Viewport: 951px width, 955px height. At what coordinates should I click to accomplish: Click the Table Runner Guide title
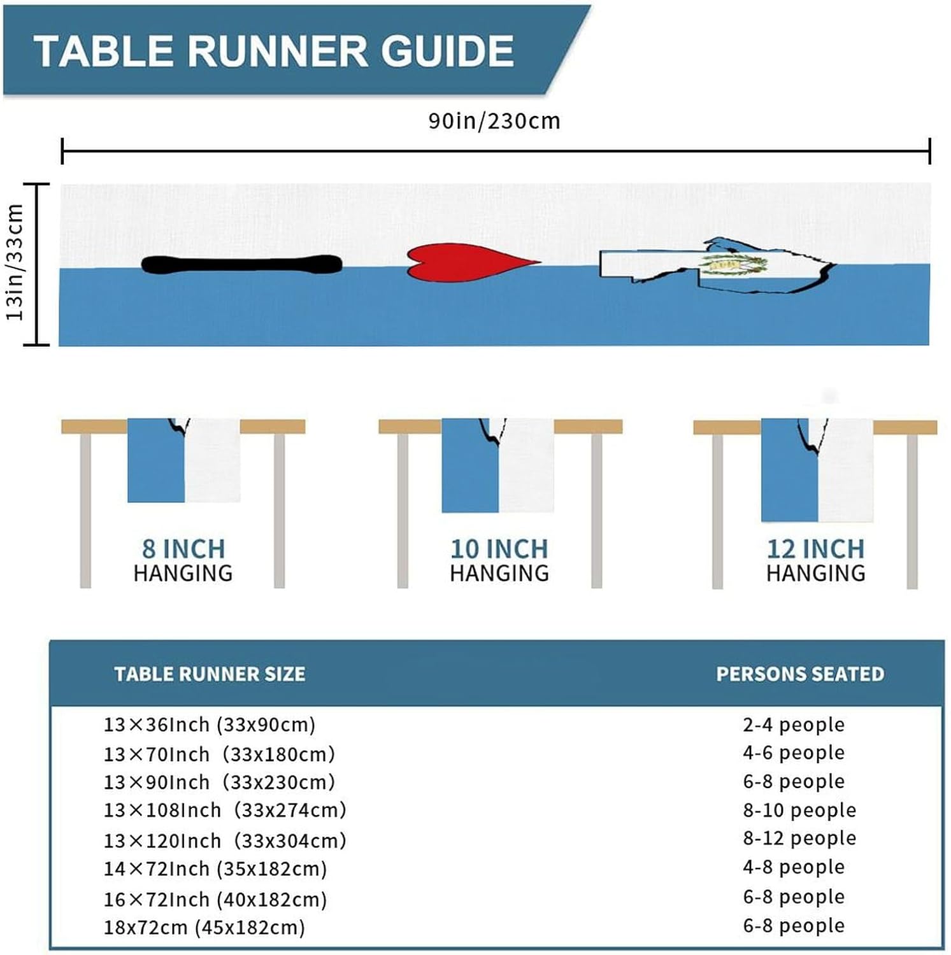[274, 50]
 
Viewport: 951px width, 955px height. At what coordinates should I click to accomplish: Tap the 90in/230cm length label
[494, 121]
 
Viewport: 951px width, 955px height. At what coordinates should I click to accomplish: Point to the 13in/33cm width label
[15, 262]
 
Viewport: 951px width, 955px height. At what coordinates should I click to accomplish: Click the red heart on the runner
[473, 262]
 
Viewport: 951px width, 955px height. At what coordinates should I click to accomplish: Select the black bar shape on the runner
[241, 264]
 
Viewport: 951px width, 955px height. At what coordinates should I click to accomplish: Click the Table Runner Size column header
[210, 674]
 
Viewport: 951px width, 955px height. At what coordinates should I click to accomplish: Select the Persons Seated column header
[800, 674]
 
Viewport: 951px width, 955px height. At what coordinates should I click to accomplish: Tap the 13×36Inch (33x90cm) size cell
[210, 725]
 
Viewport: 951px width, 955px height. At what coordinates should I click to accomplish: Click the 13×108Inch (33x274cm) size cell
[225, 810]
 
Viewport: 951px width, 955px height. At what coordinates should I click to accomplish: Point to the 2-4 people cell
[794, 725]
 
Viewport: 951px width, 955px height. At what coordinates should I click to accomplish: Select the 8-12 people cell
[799, 838]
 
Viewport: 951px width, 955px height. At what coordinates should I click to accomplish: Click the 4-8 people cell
[794, 867]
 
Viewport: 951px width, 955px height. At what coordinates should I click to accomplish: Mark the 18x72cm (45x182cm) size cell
[204, 927]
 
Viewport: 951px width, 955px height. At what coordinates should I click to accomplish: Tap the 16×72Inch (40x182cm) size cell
[215, 900]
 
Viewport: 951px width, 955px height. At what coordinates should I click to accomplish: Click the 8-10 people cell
[799, 810]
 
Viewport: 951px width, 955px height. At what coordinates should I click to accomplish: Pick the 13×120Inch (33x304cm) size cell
[225, 840]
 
